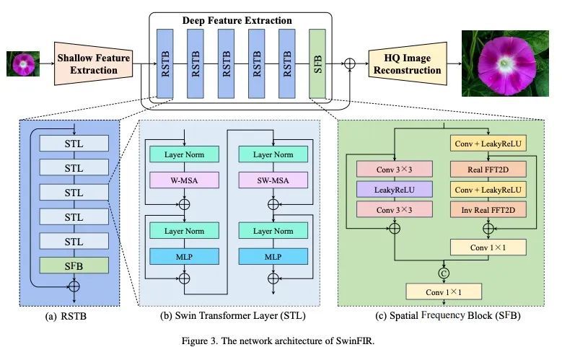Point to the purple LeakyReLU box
tap(394, 189)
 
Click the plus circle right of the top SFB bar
tap(351, 63)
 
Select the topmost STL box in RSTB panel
tap(74, 143)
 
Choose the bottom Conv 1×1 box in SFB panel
tap(443, 291)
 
